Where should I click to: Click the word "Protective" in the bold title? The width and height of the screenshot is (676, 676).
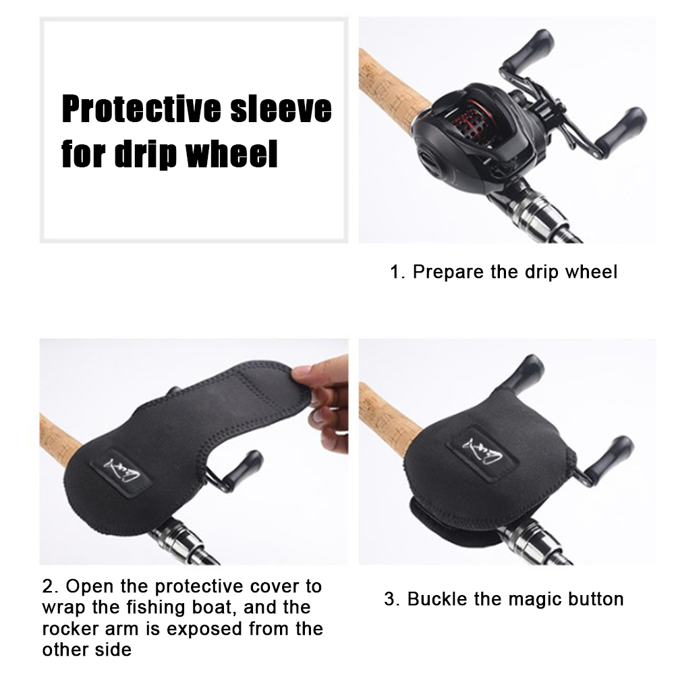point(142,109)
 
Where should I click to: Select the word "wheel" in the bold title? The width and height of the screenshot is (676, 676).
point(231,154)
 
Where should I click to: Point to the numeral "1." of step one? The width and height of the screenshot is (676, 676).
point(397,273)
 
